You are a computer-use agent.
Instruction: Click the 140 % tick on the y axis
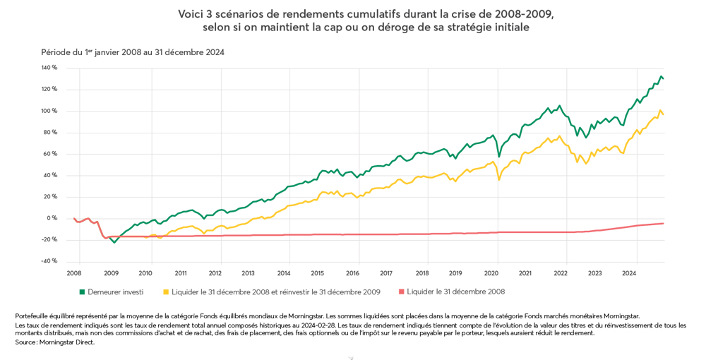click(49, 68)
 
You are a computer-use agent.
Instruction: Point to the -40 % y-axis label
click(49, 261)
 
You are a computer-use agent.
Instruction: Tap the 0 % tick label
click(52, 218)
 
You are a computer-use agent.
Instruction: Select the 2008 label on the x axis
click(74, 273)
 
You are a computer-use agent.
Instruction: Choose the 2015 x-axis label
click(318, 273)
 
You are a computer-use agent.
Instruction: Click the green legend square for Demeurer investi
click(82, 292)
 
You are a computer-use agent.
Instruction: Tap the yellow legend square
click(167, 292)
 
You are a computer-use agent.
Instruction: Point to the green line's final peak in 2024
click(661, 76)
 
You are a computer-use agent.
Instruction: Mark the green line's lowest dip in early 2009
click(114, 243)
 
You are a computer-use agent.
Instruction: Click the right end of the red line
click(663, 223)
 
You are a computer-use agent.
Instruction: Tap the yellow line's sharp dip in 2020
click(499, 179)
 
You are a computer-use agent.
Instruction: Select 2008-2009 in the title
click(515, 13)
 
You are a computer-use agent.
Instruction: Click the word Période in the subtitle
click(54, 52)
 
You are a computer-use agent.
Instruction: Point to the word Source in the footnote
click(26, 342)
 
